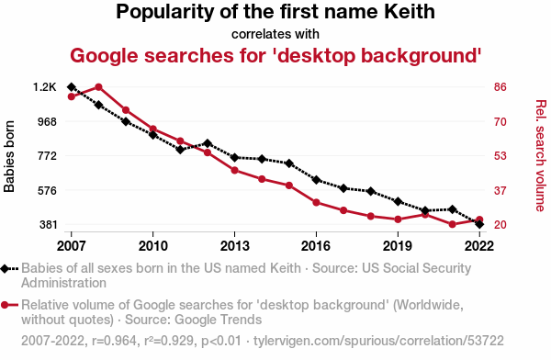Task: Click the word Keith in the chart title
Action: click(x=409, y=12)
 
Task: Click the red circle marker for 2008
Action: click(x=98, y=87)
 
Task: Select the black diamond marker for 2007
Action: click(x=72, y=87)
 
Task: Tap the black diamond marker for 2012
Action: click(x=208, y=143)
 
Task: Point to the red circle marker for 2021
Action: click(x=452, y=224)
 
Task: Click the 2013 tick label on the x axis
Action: click(x=234, y=246)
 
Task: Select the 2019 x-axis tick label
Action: click(x=398, y=246)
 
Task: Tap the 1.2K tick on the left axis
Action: click(x=45, y=87)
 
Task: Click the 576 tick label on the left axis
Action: click(x=47, y=190)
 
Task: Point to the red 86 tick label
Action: click(x=500, y=87)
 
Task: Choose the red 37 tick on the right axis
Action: click(x=500, y=190)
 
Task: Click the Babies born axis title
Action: click(x=9, y=156)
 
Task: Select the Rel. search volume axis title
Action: click(x=541, y=156)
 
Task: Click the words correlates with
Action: click(x=275, y=34)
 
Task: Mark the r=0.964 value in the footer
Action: click(x=114, y=341)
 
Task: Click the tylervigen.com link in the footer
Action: click(x=378, y=341)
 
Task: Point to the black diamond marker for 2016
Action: click(x=316, y=180)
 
